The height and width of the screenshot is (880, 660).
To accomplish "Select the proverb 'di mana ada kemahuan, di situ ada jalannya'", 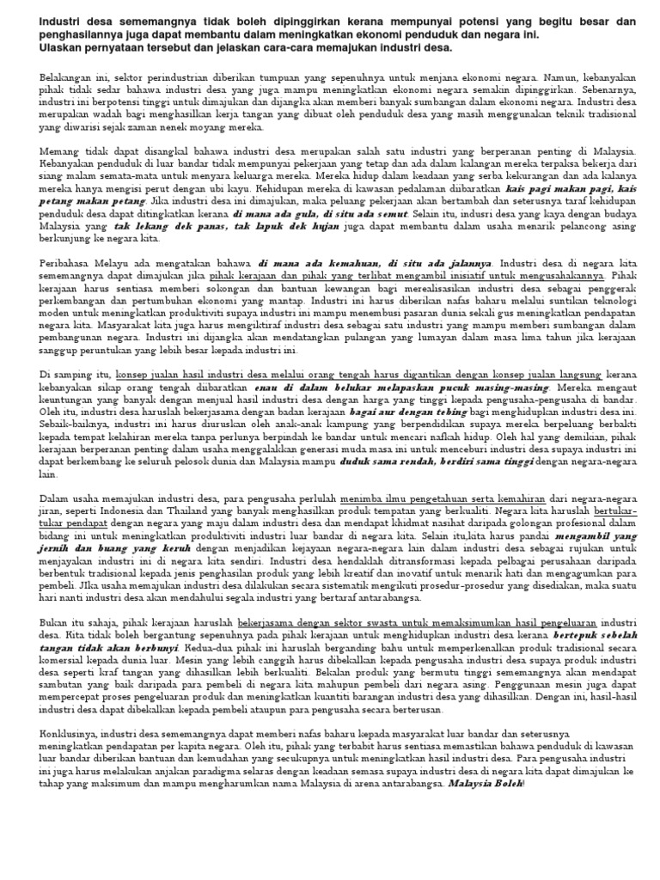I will point(375,263).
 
